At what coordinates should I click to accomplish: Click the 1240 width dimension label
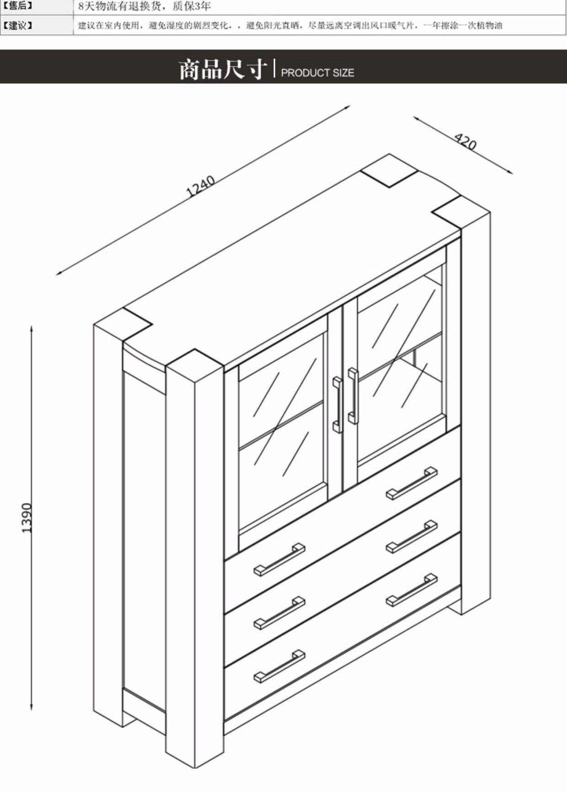(x=201, y=185)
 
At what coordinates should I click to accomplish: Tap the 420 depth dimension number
(x=465, y=142)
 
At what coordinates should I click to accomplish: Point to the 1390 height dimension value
(x=27, y=518)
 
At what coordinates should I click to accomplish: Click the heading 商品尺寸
(x=223, y=70)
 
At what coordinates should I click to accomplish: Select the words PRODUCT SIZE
(x=317, y=73)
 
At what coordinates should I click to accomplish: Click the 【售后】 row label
(x=18, y=6)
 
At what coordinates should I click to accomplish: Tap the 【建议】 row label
(x=18, y=25)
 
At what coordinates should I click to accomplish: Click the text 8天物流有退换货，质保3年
(x=144, y=6)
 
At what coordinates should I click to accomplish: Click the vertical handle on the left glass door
(x=337, y=405)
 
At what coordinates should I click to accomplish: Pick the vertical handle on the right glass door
(x=353, y=396)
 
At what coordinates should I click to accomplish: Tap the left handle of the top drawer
(x=279, y=559)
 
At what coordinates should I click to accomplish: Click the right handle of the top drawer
(x=412, y=483)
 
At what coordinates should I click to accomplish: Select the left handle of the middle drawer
(x=279, y=613)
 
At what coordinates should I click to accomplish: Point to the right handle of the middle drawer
(x=412, y=536)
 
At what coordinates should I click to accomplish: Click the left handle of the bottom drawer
(x=279, y=666)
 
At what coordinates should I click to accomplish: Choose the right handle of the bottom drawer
(x=412, y=590)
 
